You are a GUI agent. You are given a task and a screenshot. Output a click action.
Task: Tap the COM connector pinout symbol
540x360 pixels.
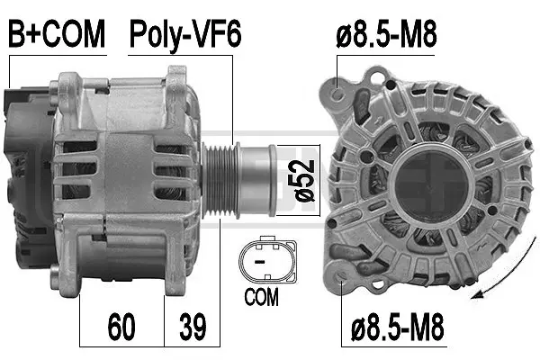click(x=265, y=262)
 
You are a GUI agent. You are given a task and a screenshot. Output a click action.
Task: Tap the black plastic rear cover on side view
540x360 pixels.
click(x=25, y=153)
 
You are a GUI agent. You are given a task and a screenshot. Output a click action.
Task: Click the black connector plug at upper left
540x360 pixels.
click(x=18, y=99)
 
